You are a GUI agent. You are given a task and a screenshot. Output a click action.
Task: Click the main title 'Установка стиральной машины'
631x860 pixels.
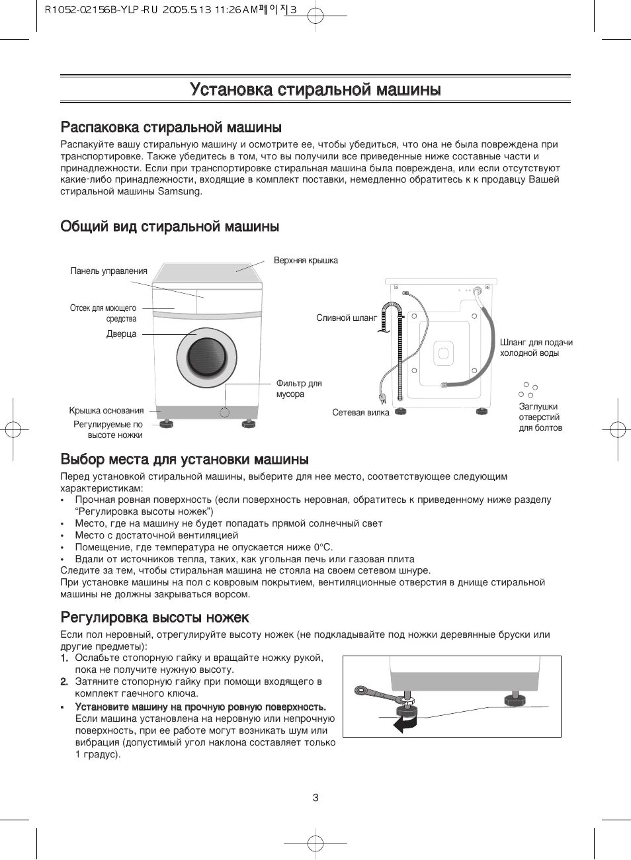click(x=315, y=89)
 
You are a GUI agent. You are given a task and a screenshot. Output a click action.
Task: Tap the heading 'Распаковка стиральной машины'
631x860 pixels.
click(x=171, y=127)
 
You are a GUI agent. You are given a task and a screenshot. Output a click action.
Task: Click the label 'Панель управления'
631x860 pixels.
click(x=108, y=271)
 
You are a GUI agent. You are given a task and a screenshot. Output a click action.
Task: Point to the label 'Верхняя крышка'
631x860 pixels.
click(x=306, y=261)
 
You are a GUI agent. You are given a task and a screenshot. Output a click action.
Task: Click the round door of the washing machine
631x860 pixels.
click(x=207, y=357)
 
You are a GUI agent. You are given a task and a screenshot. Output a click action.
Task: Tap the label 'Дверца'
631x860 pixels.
click(x=121, y=334)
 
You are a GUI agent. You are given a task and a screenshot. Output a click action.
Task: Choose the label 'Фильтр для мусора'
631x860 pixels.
click(x=298, y=389)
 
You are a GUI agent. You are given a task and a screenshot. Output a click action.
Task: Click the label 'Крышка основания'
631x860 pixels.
click(x=106, y=411)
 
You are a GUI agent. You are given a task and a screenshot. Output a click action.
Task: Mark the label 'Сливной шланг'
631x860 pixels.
click(x=347, y=318)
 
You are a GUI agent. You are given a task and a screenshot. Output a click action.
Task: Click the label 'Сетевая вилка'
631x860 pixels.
click(x=360, y=413)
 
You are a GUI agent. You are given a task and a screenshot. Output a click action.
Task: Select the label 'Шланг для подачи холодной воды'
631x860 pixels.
click(x=536, y=348)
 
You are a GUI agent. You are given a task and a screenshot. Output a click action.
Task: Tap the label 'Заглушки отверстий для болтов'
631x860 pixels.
click(x=540, y=417)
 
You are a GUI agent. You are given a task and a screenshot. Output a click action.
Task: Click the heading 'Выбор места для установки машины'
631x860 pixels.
click(x=185, y=459)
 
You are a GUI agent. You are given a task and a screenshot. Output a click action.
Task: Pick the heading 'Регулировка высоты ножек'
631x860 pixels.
click(x=155, y=618)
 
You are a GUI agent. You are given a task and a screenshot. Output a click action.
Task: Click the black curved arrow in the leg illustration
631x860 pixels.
click(x=404, y=724)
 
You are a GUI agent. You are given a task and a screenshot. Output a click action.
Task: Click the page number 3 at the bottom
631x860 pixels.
click(x=315, y=798)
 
